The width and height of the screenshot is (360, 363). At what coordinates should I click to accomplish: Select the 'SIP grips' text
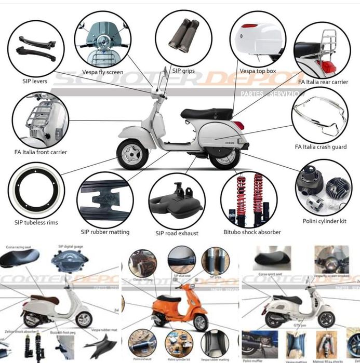(183, 71)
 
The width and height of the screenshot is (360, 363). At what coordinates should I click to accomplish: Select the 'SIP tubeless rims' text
(36, 223)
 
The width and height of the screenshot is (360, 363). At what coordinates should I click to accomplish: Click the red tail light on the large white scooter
(238, 125)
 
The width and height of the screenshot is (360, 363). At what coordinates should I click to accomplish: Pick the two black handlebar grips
(183, 40)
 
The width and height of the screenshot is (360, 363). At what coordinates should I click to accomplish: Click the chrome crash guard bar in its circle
(319, 116)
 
